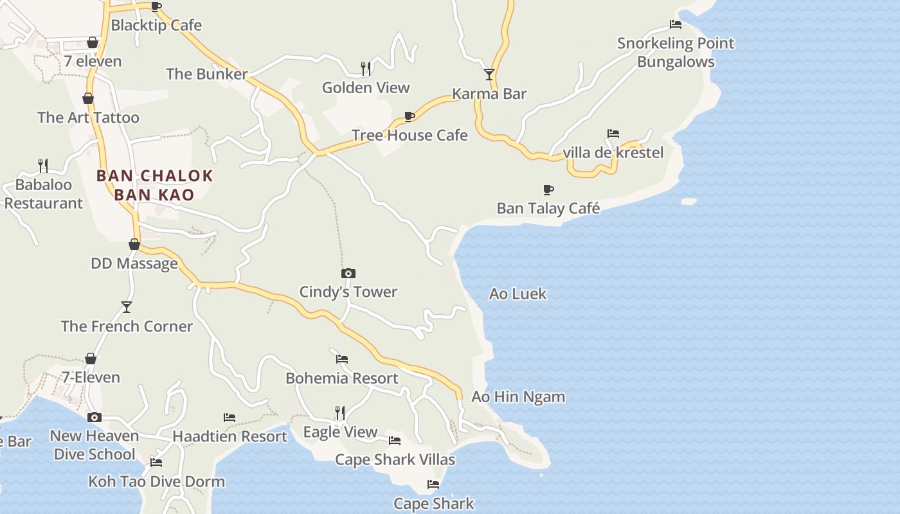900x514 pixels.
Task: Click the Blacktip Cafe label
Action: pos(156,25)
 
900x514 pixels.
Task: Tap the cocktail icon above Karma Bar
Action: pos(489,75)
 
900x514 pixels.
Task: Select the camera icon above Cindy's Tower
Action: pos(348,274)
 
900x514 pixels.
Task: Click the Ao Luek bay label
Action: pos(517,294)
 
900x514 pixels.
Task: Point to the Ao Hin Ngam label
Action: pos(518,396)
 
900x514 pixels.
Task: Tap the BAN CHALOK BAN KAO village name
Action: pos(154,185)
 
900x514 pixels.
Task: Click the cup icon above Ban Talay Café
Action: pos(548,190)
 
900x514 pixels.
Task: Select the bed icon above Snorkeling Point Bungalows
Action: pos(676,24)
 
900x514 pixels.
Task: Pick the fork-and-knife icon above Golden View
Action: pos(366,68)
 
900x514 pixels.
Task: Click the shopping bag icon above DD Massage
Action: pos(134,244)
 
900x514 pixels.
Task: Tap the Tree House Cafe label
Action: pos(410,135)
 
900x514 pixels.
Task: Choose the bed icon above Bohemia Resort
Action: pos(342,359)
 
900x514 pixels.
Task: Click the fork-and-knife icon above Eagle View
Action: pos(340,412)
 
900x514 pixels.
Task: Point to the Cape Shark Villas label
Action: pos(395,459)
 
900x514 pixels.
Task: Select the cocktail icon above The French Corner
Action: pos(127,307)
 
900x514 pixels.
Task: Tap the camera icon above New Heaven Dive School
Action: pos(94,417)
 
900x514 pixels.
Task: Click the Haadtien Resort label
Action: pos(230,436)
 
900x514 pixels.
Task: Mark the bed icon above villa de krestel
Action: pos(613,134)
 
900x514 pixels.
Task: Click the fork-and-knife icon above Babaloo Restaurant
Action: pos(43,165)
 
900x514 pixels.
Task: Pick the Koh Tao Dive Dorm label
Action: pos(156,481)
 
